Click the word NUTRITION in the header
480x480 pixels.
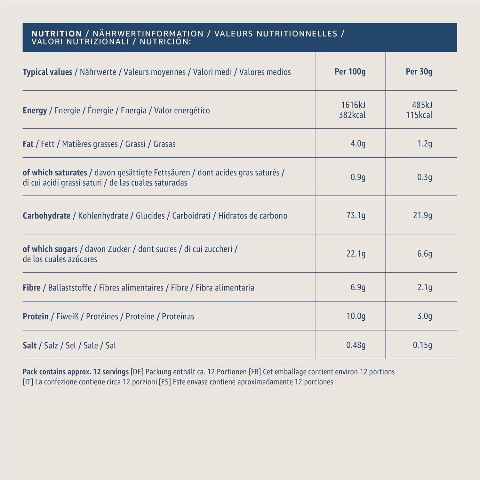pyautogui.click(x=57, y=34)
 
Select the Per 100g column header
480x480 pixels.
pyautogui.click(x=350, y=72)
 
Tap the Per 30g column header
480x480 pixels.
pyautogui.click(x=419, y=72)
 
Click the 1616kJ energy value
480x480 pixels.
pyautogui.click(x=353, y=105)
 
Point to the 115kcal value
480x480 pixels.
pyautogui.click(x=419, y=115)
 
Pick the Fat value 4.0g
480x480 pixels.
pyautogui.click(x=358, y=144)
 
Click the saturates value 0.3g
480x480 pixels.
pyautogui.click(x=424, y=177)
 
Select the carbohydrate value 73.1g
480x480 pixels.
pyautogui.click(x=356, y=215)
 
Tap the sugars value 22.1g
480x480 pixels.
pyautogui.click(x=356, y=254)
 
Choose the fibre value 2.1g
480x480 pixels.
pyautogui.click(x=424, y=287)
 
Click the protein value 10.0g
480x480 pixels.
pyautogui.click(x=356, y=316)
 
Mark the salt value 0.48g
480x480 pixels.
pyautogui.click(x=356, y=345)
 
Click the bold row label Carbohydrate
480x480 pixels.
pyautogui.click(x=46, y=216)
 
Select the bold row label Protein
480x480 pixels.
pyautogui.click(x=36, y=316)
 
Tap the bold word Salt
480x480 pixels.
pyautogui.click(x=29, y=346)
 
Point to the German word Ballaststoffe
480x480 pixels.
pyautogui.click(x=70, y=288)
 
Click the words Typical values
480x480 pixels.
pyautogui.click(x=47, y=72)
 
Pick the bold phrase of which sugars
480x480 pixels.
pyautogui.click(x=50, y=249)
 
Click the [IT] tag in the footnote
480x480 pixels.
pyautogui.click(x=28, y=382)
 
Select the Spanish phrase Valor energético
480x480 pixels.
pyautogui.click(x=182, y=111)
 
